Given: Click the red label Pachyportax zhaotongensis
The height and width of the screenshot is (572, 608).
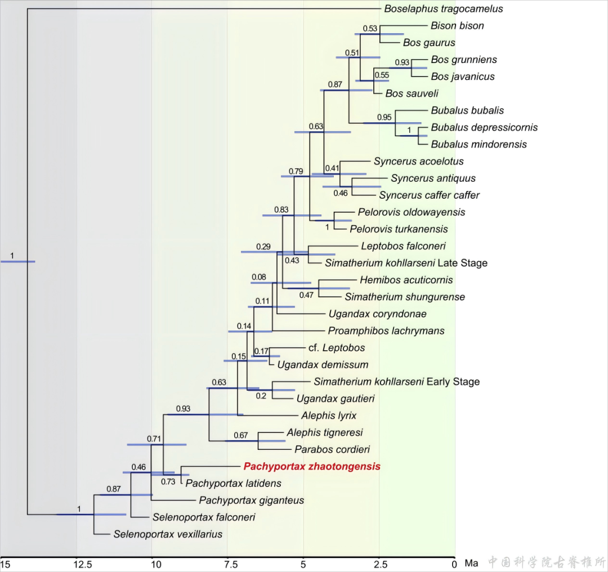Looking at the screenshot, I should tap(312, 467).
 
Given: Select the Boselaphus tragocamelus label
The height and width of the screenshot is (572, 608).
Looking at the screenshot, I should tap(444, 9).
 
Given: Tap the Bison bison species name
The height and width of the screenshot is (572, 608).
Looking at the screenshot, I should tap(457, 26).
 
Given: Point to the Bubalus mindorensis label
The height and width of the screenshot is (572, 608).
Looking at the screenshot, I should tap(479, 145).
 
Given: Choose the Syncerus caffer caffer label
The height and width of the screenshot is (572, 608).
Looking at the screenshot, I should tap(429, 195).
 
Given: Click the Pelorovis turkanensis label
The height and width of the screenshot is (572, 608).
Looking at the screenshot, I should tap(399, 229).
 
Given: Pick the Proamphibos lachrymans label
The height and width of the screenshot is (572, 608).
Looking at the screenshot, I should tap(386, 331).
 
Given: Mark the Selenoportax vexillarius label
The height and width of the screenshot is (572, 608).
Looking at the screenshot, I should tap(168, 534).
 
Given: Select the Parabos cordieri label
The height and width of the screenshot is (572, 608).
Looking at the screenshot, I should tap(332, 450).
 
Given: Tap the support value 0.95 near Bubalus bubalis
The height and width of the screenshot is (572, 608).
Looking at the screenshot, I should tap(385, 117).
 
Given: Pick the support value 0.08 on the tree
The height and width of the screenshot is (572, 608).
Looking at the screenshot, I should tap(259, 277).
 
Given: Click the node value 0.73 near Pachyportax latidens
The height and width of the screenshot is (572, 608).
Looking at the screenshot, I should tap(169, 481).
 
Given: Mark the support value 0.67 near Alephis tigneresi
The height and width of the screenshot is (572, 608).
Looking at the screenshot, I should tap(241, 435).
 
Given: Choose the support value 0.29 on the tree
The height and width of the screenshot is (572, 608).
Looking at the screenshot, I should tap(263, 247).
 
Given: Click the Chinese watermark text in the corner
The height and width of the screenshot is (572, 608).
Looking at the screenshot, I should tap(547, 562).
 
